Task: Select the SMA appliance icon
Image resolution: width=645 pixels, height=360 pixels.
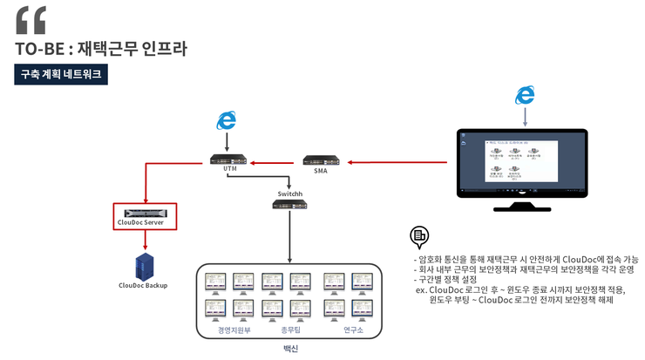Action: (x=321, y=160)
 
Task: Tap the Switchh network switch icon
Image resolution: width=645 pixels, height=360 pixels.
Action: (x=289, y=204)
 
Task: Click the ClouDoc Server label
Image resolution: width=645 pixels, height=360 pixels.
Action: (x=146, y=223)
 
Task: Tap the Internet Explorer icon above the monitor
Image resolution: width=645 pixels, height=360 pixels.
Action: (x=525, y=95)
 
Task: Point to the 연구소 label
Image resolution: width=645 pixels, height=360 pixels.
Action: (x=352, y=330)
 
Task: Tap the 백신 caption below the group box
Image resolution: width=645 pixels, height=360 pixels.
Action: (x=290, y=349)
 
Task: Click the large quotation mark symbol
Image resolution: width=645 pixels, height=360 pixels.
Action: (x=31, y=19)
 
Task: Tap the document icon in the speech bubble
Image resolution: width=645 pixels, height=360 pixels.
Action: (x=419, y=234)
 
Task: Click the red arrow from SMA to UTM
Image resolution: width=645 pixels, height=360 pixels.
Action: (x=275, y=160)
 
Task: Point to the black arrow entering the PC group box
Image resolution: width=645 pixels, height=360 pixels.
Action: (x=289, y=240)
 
